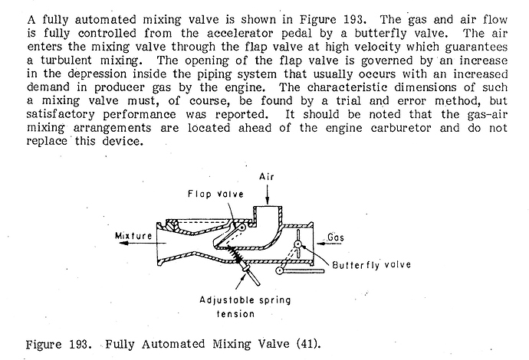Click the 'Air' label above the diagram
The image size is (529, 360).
pyautogui.click(x=267, y=177)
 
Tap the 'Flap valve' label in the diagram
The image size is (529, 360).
pyautogui.click(x=215, y=194)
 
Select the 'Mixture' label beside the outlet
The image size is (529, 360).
pyautogui.click(x=133, y=236)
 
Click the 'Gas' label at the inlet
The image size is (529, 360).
pyautogui.click(x=336, y=237)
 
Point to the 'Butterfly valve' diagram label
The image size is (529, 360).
pyautogui.click(x=371, y=264)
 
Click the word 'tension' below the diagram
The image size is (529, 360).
pyautogui.click(x=235, y=314)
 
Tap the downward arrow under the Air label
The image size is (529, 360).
pyautogui.click(x=268, y=194)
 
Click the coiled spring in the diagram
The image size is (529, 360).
pyautogui.click(x=235, y=254)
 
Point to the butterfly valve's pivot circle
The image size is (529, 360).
pyautogui.click(x=298, y=244)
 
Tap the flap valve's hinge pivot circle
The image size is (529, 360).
pyautogui.click(x=242, y=227)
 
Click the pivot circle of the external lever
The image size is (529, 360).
pyautogui.click(x=279, y=270)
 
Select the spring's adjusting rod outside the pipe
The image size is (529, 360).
pyautogui.click(x=251, y=274)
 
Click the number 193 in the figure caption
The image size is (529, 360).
pyautogui.click(x=80, y=345)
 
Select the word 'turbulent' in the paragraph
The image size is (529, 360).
pyautogui.click(x=66, y=61)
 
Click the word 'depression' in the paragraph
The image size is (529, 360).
pyautogui.click(x=97, y=74)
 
